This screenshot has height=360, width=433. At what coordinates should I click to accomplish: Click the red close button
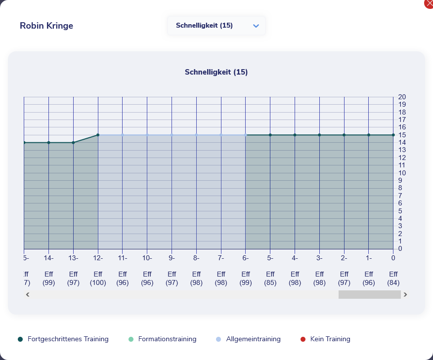pyautogui.click(x=429, y=3)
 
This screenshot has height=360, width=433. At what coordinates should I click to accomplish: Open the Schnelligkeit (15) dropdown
pyautogui.click(x=216, y=26)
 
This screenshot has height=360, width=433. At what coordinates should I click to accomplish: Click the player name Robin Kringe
pyautogui.click(x=46, y=26)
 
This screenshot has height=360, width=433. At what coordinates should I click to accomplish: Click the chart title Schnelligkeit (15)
pyautogui.click(x=216, y=72)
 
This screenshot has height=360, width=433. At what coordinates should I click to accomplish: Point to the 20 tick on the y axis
pyautogui.click(x=402, y=97)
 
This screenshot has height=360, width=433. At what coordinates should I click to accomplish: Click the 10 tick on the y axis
pyautogui.click(x=402, y=173)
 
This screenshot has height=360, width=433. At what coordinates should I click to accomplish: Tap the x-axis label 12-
pyautogui.click(x=98, y=258)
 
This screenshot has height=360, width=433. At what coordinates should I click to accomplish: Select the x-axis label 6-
pyautogui.click(x=246, y=258)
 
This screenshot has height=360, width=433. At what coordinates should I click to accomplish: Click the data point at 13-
pyautogui.click(x=73, y=143)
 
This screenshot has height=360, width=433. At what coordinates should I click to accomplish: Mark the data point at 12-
pyautogui.click(x=98, y=135)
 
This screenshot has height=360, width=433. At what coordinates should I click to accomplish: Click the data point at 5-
pyautogui.click(x=270, y=135)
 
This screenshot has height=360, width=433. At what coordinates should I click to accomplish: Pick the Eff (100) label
pyautogui.click(x=98, y=279)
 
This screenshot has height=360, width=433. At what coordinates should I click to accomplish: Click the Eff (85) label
pyautogui.click(x=270, y=279)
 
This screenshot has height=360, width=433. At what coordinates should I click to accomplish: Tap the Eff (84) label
pyautogui.click(x=393, y=279)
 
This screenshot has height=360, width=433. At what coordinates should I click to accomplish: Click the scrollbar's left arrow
pyautogui.click(x=28, y=294)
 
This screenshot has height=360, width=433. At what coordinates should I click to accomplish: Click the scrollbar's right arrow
pyautogui.click(x=405, y=294)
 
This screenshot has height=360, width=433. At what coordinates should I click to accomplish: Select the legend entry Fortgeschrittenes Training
pyautogui.click(x=68, y=339)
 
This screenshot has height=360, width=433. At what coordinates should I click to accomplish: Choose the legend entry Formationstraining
pyautogui.click(x=167, y=339)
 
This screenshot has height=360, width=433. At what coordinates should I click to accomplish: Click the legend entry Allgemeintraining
pyautogui.click(x=253, y=339)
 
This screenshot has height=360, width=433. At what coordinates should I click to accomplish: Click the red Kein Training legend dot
pyautogui.click(x=303, y=339)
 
